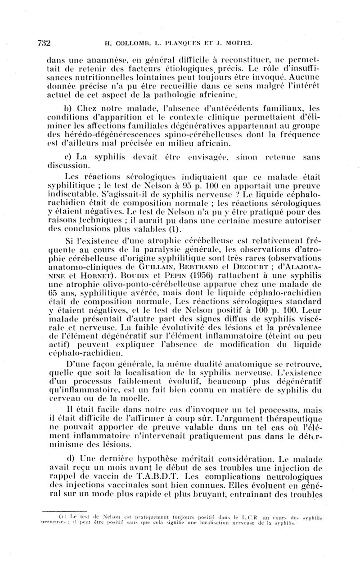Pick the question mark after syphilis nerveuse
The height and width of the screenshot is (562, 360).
point(195,194)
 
